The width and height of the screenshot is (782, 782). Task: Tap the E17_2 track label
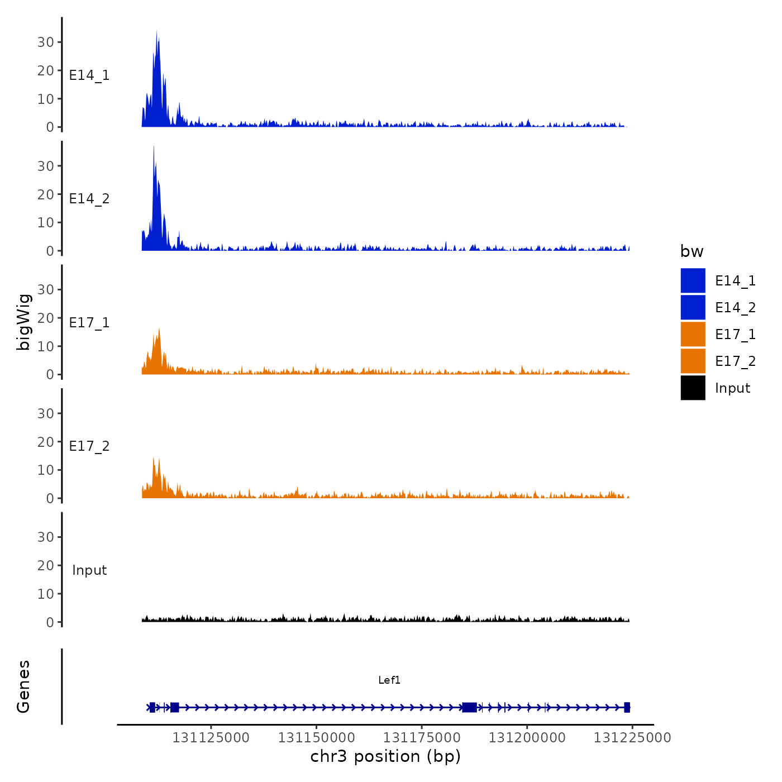89,446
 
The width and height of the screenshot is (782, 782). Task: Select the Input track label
89,570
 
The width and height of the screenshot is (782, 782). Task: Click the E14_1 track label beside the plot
89,75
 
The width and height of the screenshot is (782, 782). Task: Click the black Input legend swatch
693,388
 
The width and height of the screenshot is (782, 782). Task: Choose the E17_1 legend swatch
693,334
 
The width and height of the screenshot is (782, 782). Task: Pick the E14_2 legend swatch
693,307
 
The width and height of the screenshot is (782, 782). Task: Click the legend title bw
692,251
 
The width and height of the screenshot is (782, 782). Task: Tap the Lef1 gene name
389,680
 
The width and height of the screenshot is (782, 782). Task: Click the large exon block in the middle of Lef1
469,708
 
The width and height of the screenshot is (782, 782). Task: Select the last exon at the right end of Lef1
627,708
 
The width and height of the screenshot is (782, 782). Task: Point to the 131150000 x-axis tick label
316,738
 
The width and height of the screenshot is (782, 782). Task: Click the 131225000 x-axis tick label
632,738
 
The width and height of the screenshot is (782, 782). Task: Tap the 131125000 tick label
211,738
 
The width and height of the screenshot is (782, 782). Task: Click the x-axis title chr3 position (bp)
385,757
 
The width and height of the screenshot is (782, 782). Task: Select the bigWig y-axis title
23,322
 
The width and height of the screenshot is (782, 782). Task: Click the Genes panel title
23,686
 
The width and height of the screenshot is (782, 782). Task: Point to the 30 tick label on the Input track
46,537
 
